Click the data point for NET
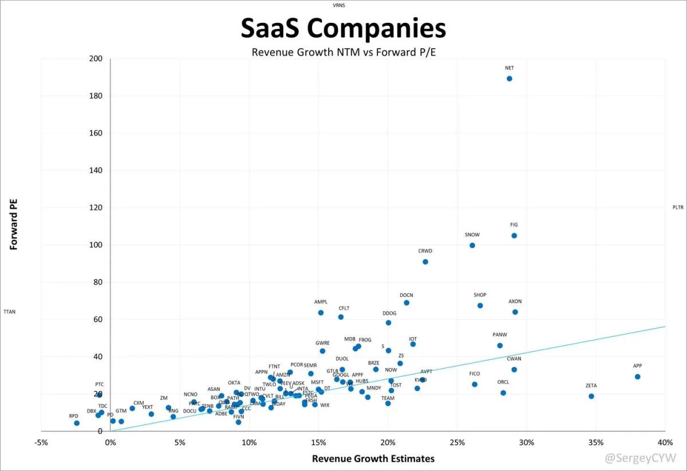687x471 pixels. click(509, 78)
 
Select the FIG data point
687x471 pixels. click(514, 236)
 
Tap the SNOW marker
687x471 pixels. click(472, 246)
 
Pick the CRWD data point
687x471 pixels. click(425, 262)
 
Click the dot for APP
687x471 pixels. click(637, 377)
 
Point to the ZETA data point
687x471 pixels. click(591, 396)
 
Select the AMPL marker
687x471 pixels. click(321, 312)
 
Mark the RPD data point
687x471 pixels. click(77, 423)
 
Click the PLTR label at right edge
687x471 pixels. click(678, 208)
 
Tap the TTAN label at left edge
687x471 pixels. click(10, 312)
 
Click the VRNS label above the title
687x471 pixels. click(339, 5)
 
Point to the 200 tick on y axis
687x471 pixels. click(96, 59)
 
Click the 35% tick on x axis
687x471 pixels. click(596, 442)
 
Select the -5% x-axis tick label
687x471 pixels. click(41, 442)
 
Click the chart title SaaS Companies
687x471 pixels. click(342, 29)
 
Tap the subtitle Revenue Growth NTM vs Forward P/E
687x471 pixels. click(342, 52)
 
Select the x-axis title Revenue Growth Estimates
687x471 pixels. click(373, 458)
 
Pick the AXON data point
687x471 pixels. click(515, 312)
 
